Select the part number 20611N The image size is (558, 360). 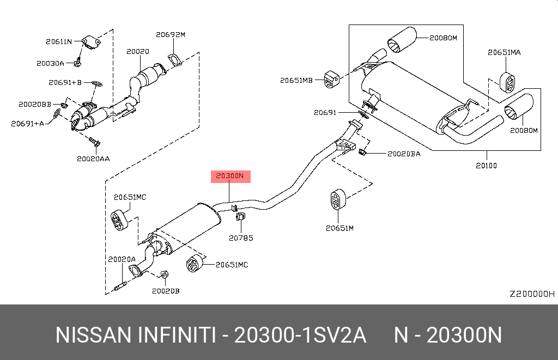59,41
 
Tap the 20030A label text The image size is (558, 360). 50,63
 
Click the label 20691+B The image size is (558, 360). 64,83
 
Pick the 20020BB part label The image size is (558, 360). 35,103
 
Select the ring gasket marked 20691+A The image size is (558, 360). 57,114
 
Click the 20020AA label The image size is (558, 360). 93,158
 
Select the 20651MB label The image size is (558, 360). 296,80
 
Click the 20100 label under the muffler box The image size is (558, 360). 486,165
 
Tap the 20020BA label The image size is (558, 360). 404,154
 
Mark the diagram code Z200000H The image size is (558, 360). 531,294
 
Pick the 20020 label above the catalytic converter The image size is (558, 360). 137,52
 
